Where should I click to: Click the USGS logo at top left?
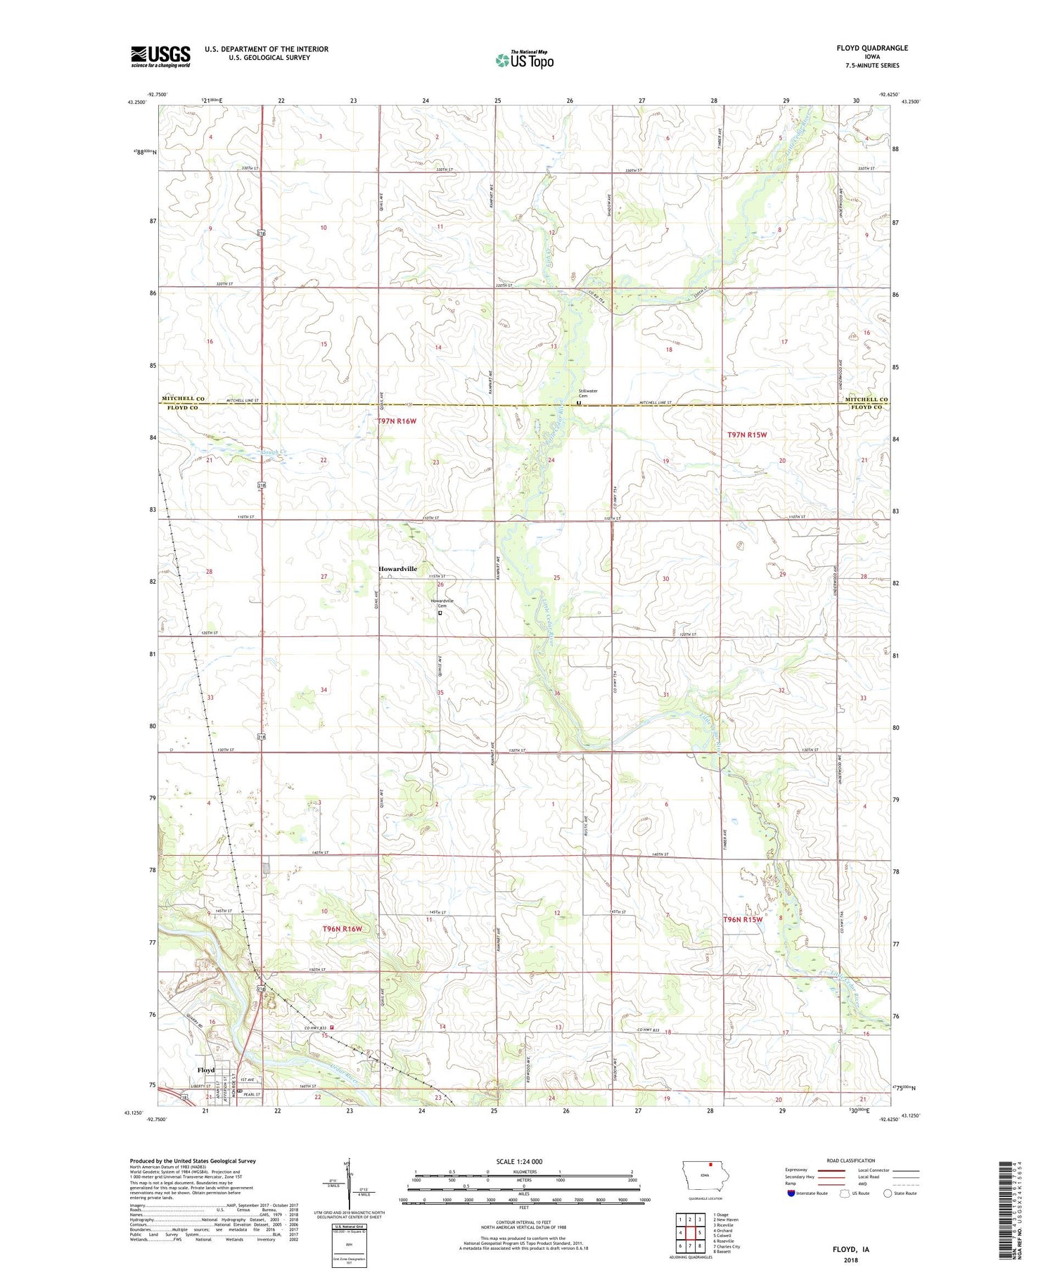[160, 56]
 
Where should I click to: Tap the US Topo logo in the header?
[524, 60]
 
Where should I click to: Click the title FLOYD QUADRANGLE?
[871, 48]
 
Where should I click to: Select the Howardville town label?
[397, 568]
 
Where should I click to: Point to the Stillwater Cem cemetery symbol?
[579, 404]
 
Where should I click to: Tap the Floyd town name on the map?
[205, 1070]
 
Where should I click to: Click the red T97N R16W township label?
[397, 421]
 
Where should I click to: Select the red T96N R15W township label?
[743, 919]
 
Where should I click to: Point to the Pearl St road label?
[252, 1094]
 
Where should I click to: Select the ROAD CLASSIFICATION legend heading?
[850, 1160]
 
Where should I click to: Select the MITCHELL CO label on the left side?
[183, 399]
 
